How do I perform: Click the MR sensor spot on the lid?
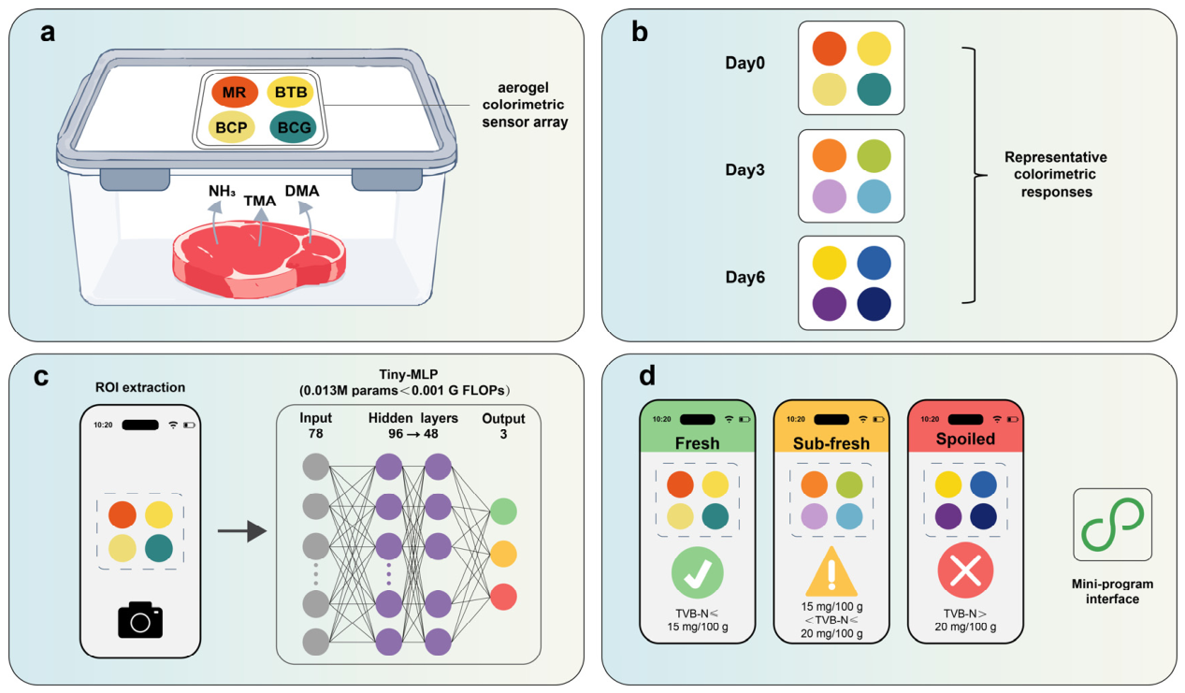(235, 92)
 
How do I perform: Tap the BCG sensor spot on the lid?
(293, 127)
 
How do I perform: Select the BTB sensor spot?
(291, 92)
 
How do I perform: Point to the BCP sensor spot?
(232, 127)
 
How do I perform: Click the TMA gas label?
(260, 201)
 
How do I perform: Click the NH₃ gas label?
(222, 191)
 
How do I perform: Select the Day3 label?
(744, 170)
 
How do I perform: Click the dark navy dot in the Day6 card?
(874, 304)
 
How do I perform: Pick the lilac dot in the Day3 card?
(829, 196)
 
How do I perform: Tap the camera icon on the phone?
(140, 620)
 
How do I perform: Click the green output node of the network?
(503, 512)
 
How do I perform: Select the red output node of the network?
(503, 598)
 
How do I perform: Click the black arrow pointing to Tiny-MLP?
(241, 531)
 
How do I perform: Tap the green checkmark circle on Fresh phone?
(697, 573)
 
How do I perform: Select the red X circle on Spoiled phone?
(965, 570)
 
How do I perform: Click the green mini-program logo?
(1111, 525)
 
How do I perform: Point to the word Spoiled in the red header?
(965, 439)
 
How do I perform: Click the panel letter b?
(640, 33)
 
